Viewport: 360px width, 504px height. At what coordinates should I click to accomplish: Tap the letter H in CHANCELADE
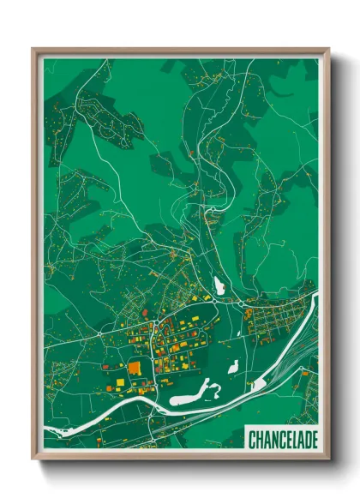(x=259, y=440)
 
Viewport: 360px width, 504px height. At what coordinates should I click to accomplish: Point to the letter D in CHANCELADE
(x=304, y=440)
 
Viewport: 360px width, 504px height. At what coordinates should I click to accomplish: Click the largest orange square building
(x=135, y=368)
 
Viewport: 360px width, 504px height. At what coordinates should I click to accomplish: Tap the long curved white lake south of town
(x=190, y=397)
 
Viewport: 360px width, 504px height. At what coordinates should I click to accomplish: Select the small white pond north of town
(x=218, y=285)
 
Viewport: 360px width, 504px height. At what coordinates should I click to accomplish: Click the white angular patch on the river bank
(x=259, y=385)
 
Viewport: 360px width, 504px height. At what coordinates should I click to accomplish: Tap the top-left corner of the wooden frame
(x=34, y=50)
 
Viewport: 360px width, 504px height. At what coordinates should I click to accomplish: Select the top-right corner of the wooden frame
(x=327, y=50)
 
